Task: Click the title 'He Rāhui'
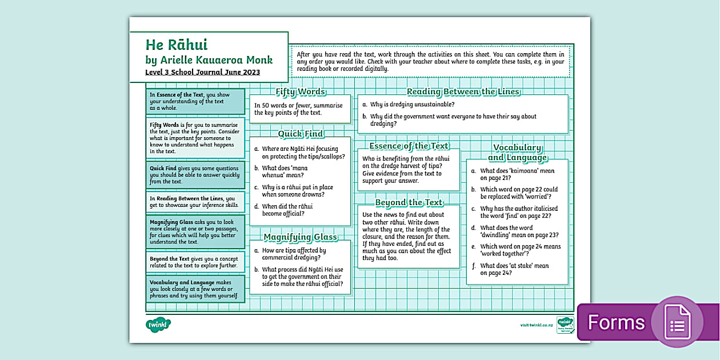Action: (x=177, y=45)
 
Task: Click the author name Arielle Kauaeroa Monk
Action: (x=209, y=60)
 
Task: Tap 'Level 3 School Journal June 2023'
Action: (x=202, y=73)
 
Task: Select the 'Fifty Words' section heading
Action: (x=301, y=91)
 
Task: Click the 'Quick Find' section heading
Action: (x=301, y=134)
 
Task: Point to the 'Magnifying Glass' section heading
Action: (x=301, y=237)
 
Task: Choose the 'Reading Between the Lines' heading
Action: (x=463, y=91)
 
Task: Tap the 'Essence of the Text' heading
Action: (x=409, y=146)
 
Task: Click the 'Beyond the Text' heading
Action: (x=409, y=202)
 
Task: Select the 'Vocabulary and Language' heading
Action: (x=517, y=153)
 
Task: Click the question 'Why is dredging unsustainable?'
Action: (x=412, y=105)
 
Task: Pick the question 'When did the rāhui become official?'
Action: (x=287, y=210)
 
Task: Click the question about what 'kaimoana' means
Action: (x=517, y=174)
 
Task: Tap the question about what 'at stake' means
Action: (x=514, y=269)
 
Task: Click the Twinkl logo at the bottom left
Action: (x=158, y=325)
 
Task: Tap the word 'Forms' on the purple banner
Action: (x=616, y=322)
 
